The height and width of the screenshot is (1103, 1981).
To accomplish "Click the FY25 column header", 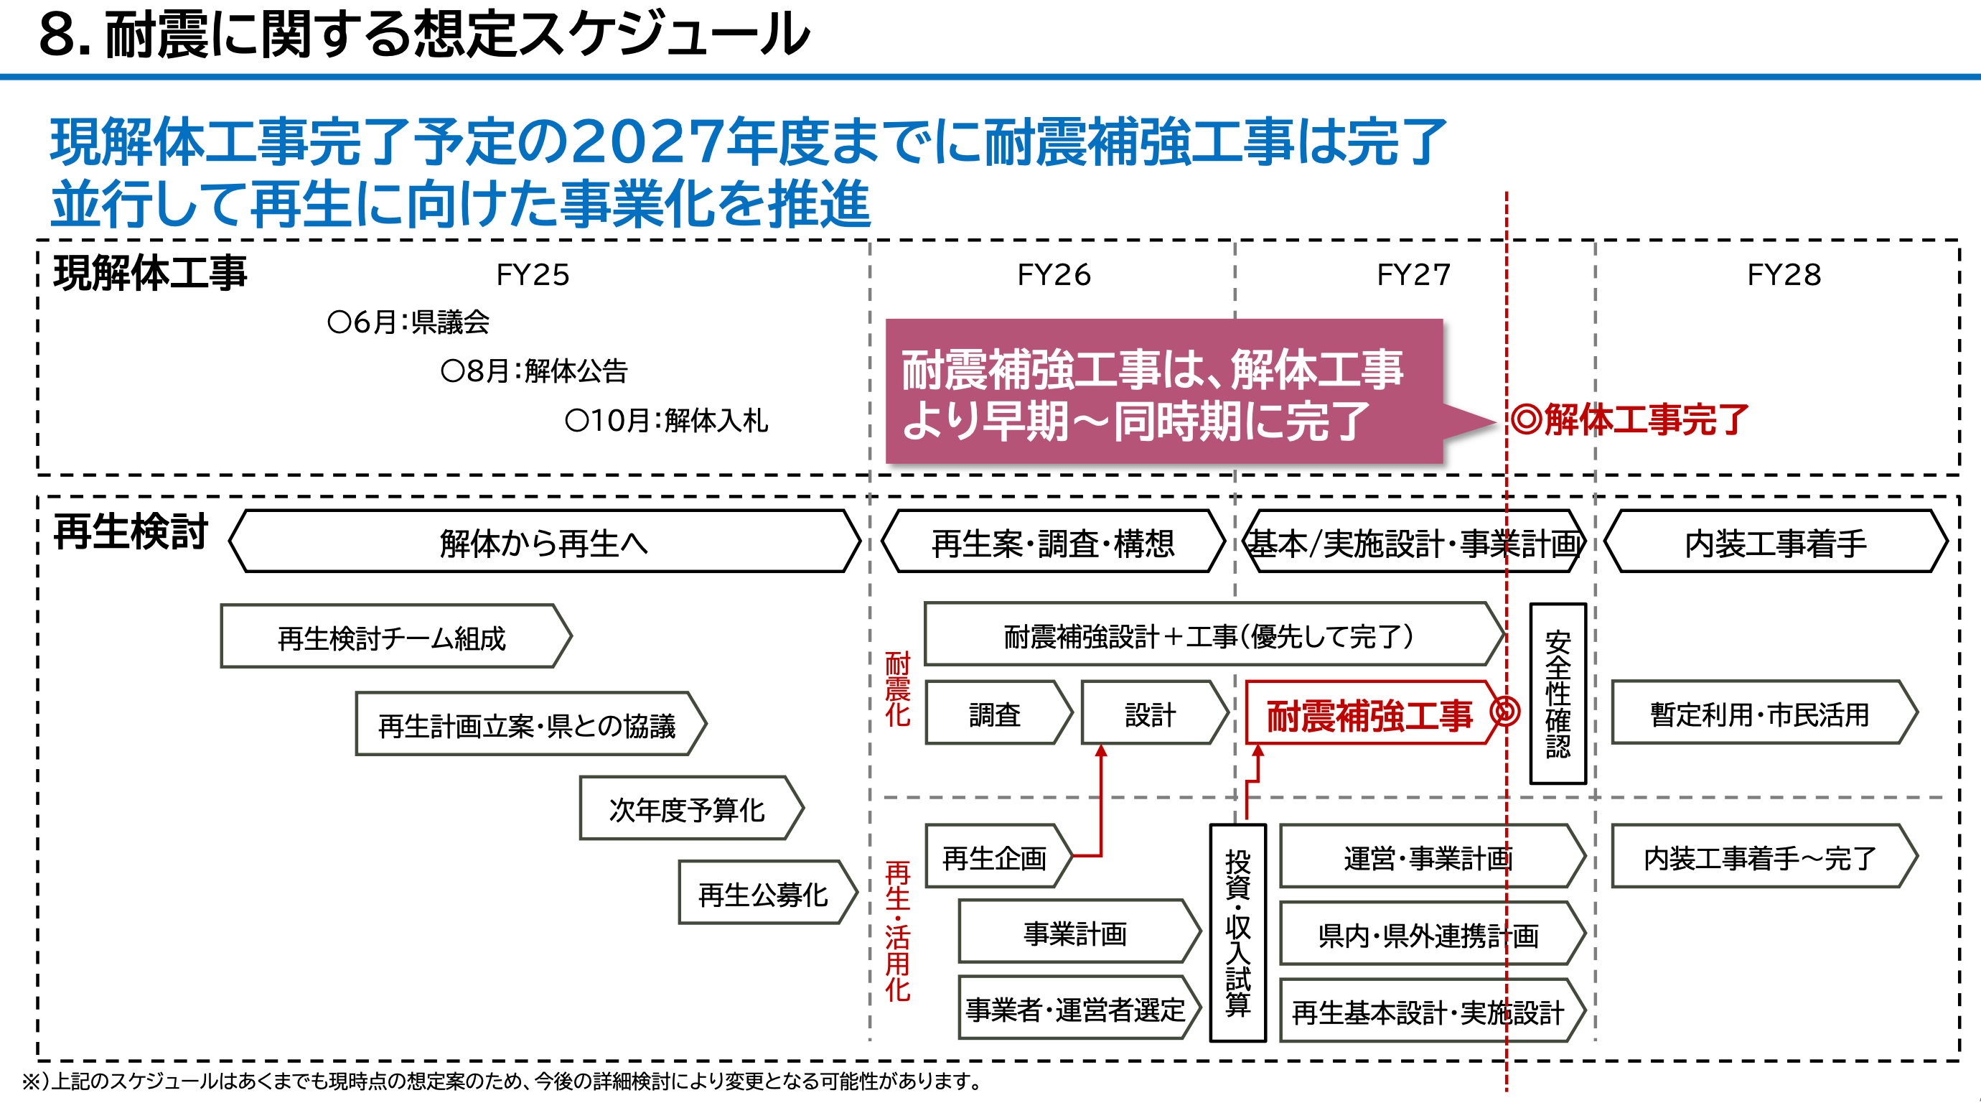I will point(532,274).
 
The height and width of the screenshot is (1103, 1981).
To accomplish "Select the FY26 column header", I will point(1054,274).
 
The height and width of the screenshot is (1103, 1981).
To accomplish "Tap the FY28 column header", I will point(1784,274).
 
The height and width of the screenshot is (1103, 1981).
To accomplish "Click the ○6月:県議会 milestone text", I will point(408,322).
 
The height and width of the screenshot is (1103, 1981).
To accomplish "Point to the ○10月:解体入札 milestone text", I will point(666,420).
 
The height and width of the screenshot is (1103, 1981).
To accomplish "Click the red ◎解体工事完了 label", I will point(1629,420).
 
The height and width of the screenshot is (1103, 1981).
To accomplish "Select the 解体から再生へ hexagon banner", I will point(544,542).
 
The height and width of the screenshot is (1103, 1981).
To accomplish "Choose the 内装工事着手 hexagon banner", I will point(1775,542).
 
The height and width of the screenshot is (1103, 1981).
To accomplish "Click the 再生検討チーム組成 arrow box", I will point(392,637).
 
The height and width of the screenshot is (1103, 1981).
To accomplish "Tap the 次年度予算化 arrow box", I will point(687,809).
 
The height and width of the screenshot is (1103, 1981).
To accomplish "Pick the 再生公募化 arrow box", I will point(763,894).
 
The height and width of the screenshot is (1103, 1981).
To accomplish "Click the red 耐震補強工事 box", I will point(1369,714).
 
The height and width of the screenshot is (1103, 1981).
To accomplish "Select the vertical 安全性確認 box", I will point(1558,693).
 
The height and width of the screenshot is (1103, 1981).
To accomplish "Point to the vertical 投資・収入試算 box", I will point(1237,932).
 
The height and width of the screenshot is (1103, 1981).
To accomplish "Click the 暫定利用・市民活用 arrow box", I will point(1759,714).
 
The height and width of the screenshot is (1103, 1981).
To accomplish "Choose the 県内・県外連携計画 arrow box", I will point(1428,934).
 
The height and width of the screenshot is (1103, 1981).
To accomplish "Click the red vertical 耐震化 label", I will point(896,689).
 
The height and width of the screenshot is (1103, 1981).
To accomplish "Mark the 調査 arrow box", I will point(994,714).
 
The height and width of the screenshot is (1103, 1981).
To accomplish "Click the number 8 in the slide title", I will point(57,34).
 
